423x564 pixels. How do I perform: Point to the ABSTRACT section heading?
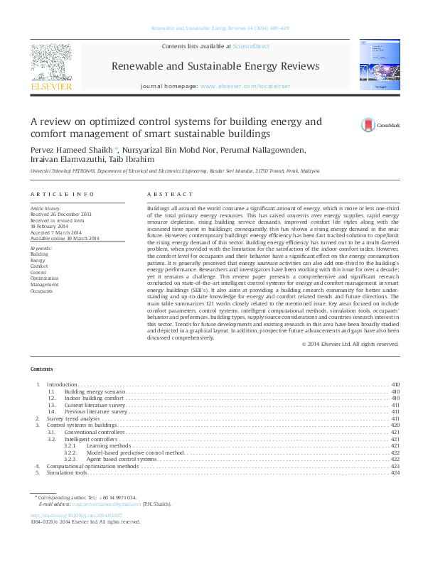[170, 194]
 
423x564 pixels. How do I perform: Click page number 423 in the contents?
[395, 466]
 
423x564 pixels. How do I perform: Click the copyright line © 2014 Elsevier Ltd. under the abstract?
[350, 344]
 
